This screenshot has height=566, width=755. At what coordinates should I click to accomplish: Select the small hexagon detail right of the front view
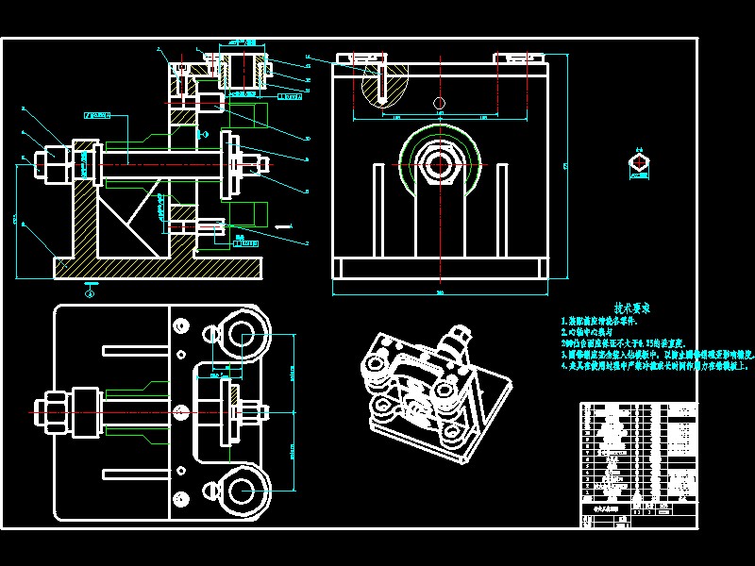(640, 166)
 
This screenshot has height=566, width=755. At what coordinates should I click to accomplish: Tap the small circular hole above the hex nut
(437, 102)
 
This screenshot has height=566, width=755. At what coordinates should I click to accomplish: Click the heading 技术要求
(631, 308)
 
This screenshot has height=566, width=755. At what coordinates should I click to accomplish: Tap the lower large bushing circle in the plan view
(244, 490)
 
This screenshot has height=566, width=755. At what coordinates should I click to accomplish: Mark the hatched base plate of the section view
(160, 269)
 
